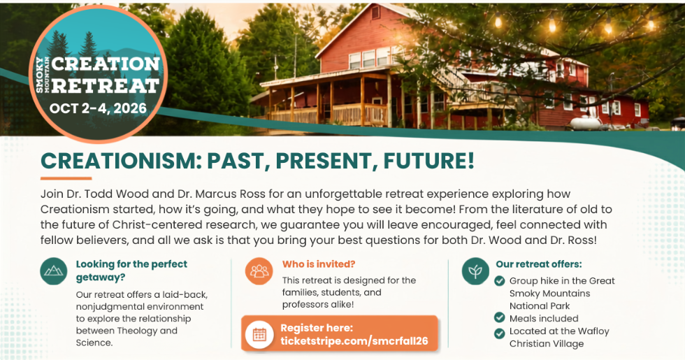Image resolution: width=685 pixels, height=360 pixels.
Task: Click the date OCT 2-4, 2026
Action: (98, 108)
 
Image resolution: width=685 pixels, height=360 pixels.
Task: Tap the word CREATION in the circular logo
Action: (106, 64)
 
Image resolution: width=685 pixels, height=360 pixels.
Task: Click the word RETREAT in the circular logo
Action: (106, 85)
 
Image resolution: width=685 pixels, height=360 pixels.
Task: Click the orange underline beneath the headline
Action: (66, 178)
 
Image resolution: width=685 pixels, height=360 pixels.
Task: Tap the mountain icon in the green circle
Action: (54, 271)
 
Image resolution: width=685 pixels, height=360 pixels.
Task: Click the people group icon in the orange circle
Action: (259, 271)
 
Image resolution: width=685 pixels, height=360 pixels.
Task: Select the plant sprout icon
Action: (475, 271)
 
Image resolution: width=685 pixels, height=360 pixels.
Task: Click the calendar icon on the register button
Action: (259, 335)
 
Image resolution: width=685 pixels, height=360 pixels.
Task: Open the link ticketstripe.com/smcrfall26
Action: (354, 341)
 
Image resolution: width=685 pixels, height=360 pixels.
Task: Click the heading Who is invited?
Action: (319, 264)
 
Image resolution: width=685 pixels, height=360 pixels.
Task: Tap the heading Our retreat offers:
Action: (539, 264)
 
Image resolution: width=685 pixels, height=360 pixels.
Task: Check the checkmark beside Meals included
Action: (499, 317)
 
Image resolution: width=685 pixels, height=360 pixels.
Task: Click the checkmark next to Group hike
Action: (499, 280)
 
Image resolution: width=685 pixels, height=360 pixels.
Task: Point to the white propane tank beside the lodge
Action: (585, 123)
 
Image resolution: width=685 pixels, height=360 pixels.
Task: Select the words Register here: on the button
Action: (317, 328)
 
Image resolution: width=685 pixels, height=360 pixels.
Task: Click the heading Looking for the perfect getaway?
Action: (131, 271)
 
